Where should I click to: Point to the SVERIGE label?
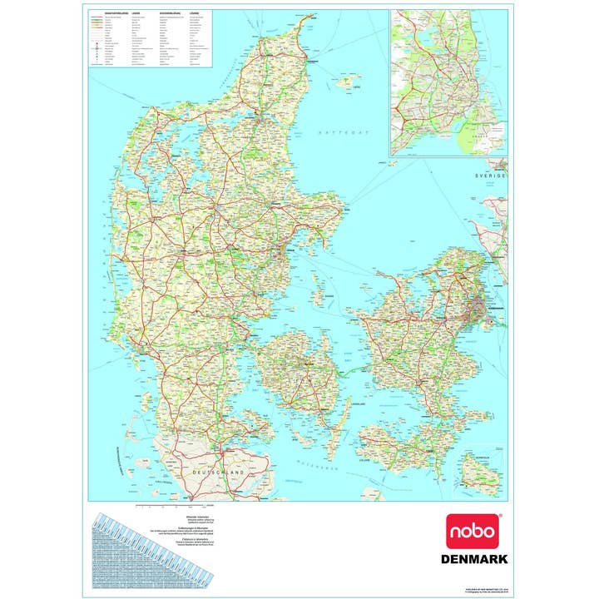coord(491,177)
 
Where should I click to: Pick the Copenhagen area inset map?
coord(448,82)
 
